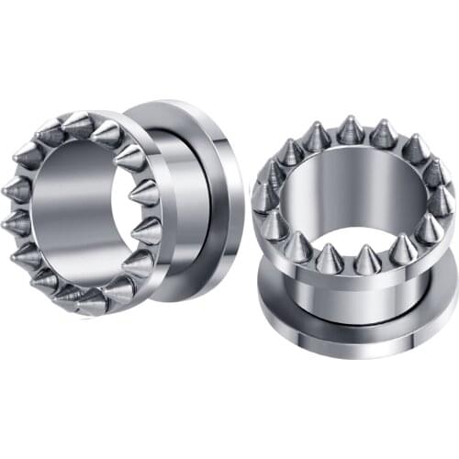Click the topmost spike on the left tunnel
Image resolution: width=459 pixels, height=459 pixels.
click(x=78, y=124)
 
